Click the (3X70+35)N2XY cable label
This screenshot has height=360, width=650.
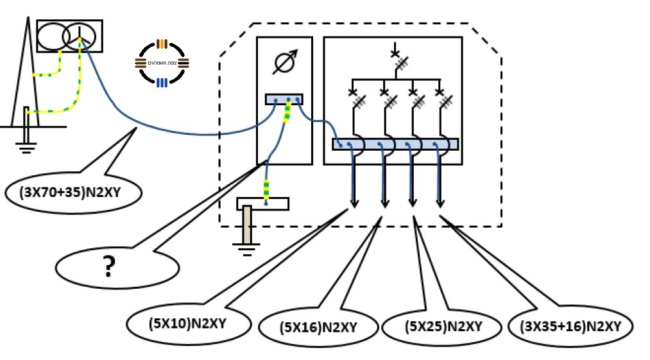[x=72, y=192]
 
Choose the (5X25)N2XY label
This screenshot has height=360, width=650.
[x=443, y=326]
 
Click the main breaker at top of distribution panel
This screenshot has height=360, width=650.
[x=398, y=57]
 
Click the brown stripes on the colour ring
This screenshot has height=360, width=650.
[x=161, y=44]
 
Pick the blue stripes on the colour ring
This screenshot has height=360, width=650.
[x=161, y=81]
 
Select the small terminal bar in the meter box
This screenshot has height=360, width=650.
[x=284, y=99]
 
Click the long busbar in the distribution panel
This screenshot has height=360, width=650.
[x=395, y=144]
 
